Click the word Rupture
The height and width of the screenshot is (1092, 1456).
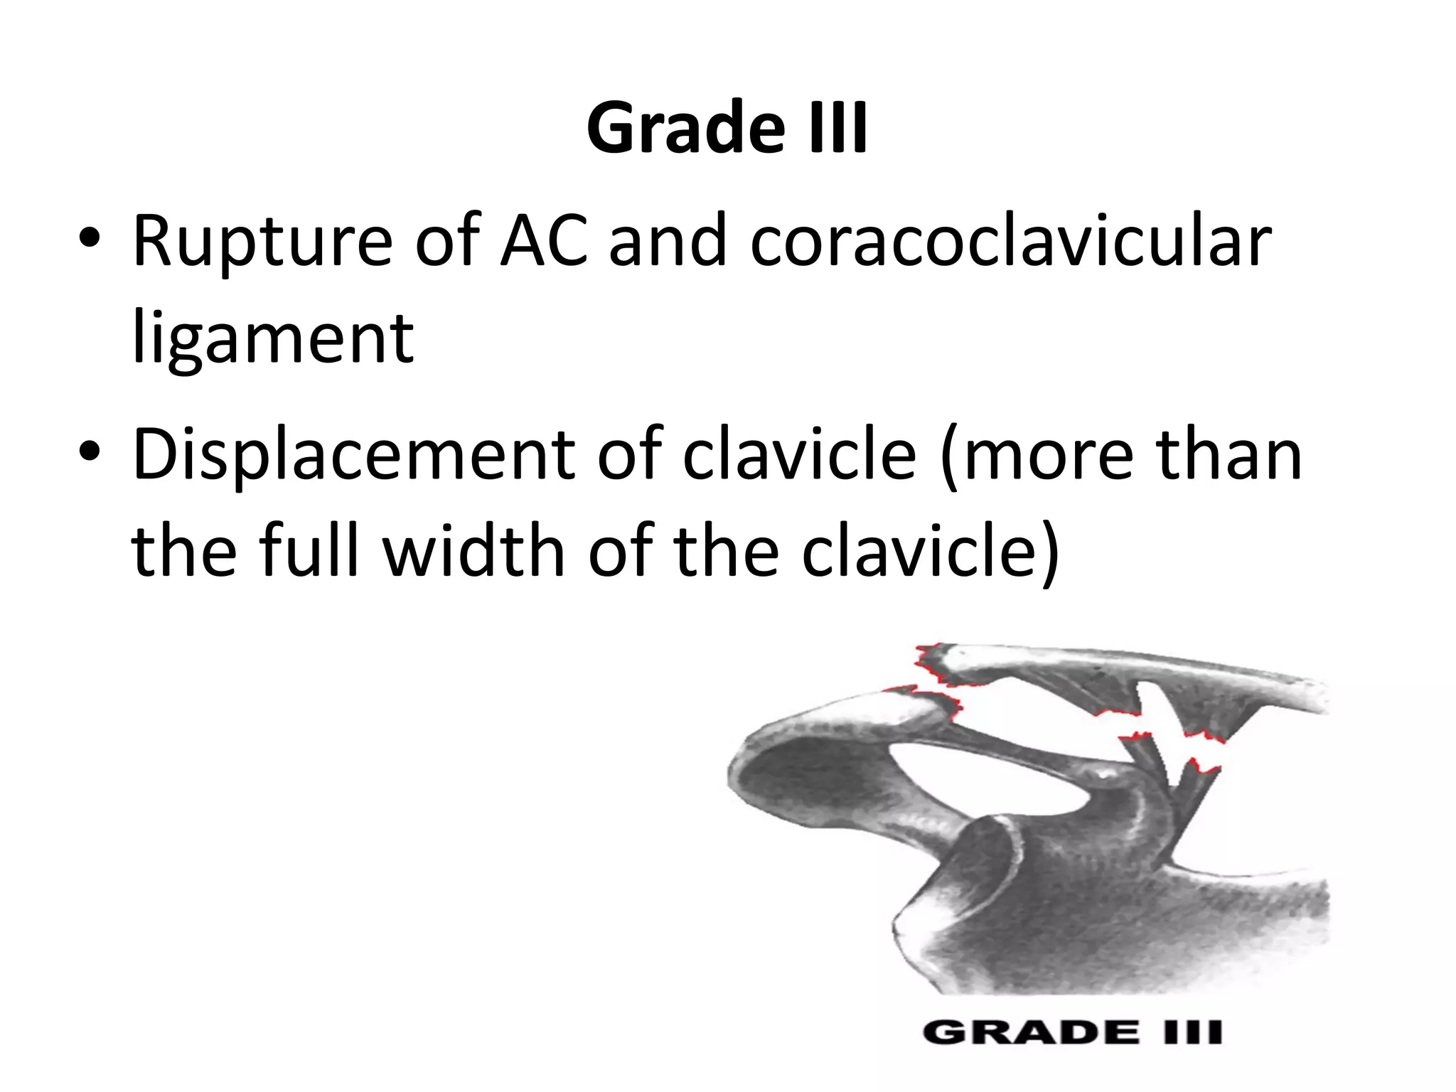(x=262, y=242)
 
